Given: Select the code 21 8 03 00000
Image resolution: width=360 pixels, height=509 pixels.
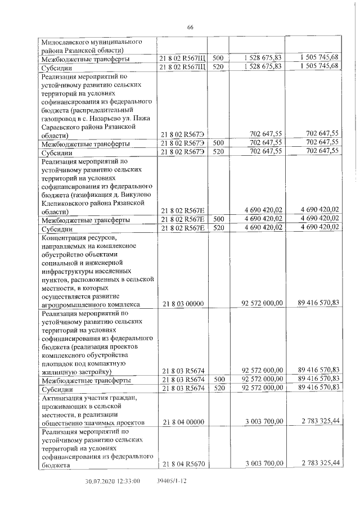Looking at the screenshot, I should [x=183, y=304].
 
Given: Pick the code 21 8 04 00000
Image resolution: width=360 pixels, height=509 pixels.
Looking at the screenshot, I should [x=183, y=422].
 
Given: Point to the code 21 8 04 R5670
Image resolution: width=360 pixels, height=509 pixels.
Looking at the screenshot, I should [x=183, y=463].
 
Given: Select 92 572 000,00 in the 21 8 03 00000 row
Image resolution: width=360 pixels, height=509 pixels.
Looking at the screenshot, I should [x=262, y=304].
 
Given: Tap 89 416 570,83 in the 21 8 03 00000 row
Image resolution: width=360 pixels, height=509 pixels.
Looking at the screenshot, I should [x=318, y=303].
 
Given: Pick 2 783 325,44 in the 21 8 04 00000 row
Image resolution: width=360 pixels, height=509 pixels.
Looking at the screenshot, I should [x=319, y=421].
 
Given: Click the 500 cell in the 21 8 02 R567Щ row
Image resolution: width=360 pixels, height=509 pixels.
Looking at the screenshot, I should [x=218, y=58].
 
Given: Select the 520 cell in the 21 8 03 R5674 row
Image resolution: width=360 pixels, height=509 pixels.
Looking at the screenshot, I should [x=218, y=388].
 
